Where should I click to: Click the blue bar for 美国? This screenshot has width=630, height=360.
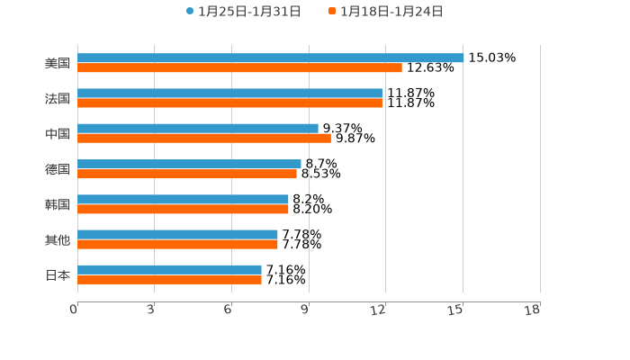(270, 58)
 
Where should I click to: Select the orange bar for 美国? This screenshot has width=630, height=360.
(239, 67)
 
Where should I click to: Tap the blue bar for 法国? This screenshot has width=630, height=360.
(229, 93)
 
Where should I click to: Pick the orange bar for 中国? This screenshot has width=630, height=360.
(204, 139)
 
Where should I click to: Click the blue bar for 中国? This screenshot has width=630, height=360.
(198, 129)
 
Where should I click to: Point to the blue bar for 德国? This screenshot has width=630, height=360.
(189, 164)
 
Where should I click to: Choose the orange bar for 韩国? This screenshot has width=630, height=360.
(183, 209)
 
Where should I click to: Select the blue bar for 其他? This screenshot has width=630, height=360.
(177, 234)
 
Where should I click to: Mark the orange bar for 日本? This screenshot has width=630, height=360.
(169, 280)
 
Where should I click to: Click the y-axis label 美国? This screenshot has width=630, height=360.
(58, 63)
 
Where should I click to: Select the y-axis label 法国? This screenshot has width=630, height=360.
(58, 98)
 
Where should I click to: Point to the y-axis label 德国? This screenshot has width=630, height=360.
(58, 169)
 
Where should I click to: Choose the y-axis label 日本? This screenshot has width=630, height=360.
(58, 274)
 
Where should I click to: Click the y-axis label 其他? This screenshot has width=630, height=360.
(58, 239)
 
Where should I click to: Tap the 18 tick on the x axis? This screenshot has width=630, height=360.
(533, 310)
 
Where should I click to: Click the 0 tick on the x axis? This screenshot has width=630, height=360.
(74, 310)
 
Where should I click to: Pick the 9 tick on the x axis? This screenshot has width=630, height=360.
(305, 310)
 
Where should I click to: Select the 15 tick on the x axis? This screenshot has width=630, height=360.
(456, 310)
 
